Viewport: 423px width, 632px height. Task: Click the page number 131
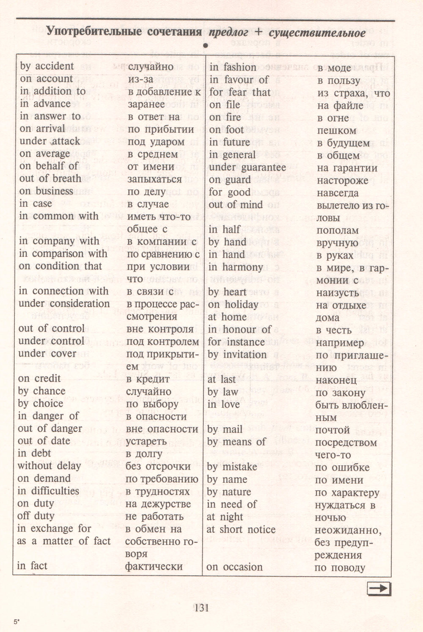[x=201, y=608]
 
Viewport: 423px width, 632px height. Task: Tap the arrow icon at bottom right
[x=379, y=588]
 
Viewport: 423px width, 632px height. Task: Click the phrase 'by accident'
[x=47, y=66]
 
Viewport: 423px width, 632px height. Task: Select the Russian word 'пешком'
[x=337, y=130]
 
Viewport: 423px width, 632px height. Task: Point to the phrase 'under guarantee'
[x=247, y=168]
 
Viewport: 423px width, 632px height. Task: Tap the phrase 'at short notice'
[x=241, y=530]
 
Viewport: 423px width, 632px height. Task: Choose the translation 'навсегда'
[x=338, y=193]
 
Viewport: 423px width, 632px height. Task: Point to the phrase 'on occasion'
[x=235, y=567]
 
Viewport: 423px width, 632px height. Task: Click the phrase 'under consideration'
[x=64, y=304]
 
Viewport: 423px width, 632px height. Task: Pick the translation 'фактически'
[x=154, y=566]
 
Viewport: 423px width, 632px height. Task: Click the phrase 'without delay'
[x=49, y=466]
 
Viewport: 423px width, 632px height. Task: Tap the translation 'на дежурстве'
[x=158, y=504]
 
